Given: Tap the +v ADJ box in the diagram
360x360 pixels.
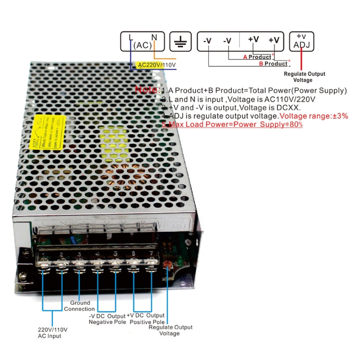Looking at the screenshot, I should click(301, 41).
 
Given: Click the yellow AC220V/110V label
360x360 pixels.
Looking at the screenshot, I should click(156, 65).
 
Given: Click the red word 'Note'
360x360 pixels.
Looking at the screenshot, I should click(146, 90).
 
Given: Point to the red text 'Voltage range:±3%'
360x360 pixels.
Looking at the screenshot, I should click(314, 116).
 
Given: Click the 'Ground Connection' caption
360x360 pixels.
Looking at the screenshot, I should click(80, 306).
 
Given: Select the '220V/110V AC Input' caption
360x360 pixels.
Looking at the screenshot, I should click(53, 333).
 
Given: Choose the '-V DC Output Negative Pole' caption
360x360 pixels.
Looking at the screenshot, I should click(107, 318).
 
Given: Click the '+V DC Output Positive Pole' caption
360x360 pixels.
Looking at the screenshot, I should click(147, 318).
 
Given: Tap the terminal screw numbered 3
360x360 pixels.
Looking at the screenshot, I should click(79, 264).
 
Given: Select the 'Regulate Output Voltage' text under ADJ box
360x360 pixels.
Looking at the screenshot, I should click(304, 77).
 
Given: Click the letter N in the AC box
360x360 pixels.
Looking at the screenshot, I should click(154, 37).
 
